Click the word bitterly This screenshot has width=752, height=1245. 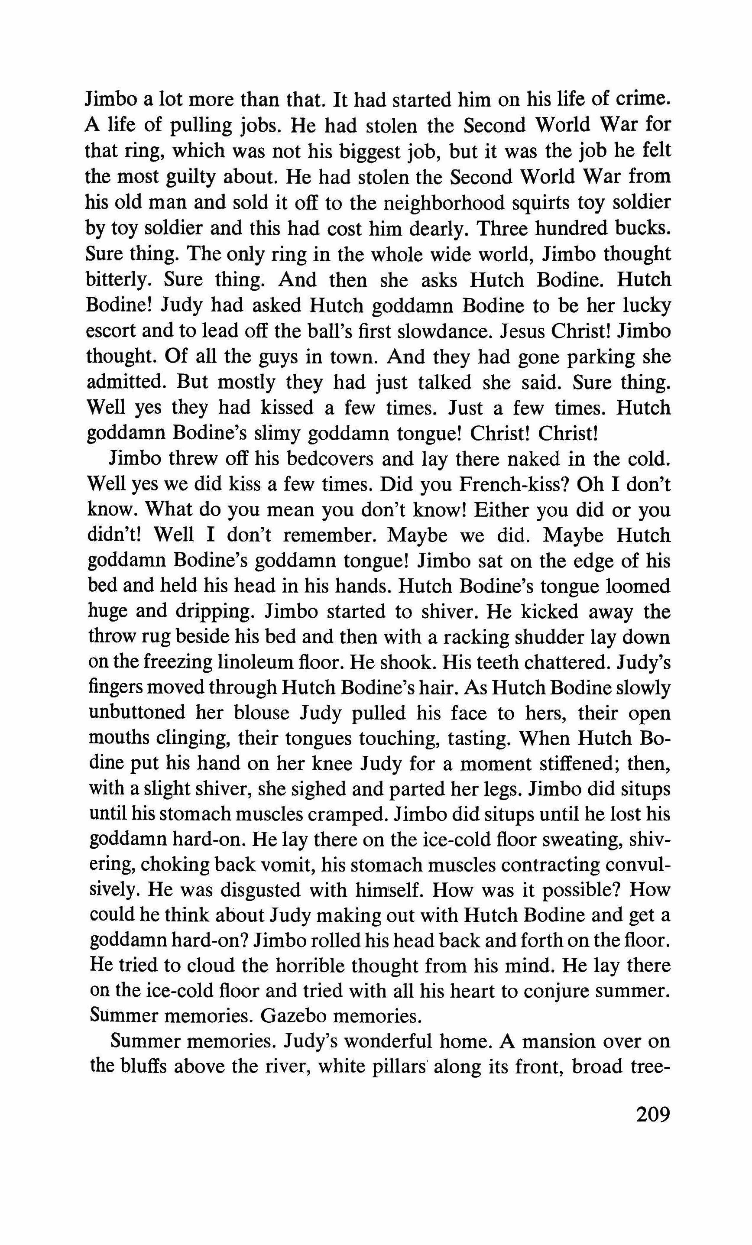point(120,280)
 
